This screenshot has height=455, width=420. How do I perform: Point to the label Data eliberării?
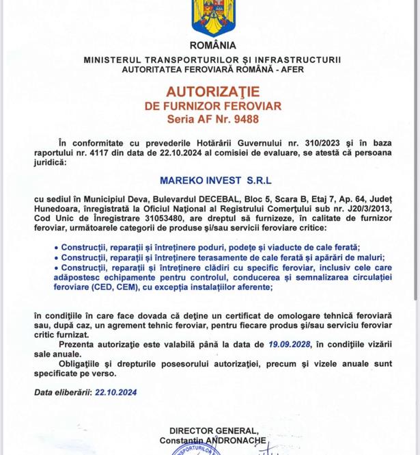pos(62,392)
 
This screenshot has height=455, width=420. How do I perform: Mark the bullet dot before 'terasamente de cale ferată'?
pos(56,257)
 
